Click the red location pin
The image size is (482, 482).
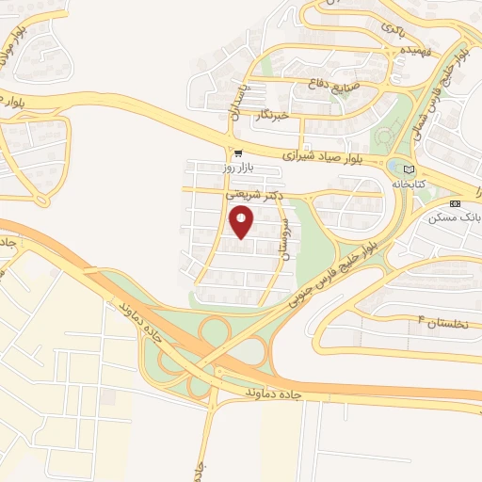(242, 222)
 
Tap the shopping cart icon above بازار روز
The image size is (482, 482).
(238, 153)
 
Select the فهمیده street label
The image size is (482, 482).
(415, 50)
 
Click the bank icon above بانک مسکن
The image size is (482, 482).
(457, 202)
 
